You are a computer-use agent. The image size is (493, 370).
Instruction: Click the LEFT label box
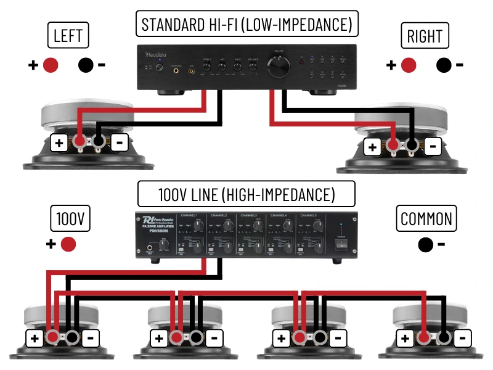[x=68, y=35]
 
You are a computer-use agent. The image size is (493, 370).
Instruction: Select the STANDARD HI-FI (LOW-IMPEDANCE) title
[x=246, y=25]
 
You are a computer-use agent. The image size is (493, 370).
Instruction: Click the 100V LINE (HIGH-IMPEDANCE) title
[x=246, y=195]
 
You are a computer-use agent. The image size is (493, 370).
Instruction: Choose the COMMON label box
[x=426, y=218]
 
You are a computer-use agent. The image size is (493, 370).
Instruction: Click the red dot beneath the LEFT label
[x=51, y=64]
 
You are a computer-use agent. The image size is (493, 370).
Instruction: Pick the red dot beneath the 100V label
[x=68, y=244]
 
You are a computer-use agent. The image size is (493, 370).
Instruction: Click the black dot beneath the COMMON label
[x=425, y=245]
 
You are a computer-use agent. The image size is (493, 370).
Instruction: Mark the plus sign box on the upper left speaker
[x=59, y=144]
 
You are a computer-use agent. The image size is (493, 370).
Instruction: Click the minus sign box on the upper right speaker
[x=433, y=147]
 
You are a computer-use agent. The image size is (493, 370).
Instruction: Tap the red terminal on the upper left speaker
[x=80, y=143]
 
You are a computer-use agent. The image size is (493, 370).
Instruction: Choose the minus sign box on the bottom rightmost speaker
[x=463, y=338]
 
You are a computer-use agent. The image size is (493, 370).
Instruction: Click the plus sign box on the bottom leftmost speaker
[x=34, y=338]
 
